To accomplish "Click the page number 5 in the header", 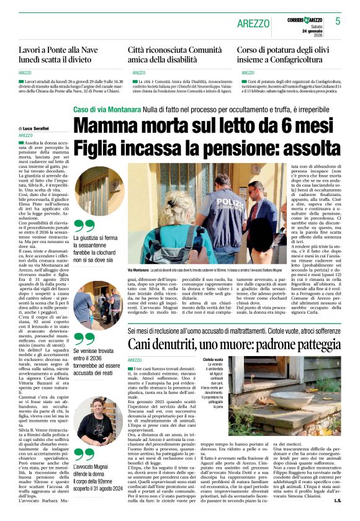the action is tap(338, 21).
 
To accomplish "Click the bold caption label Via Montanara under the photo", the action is tap(138, 271).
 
